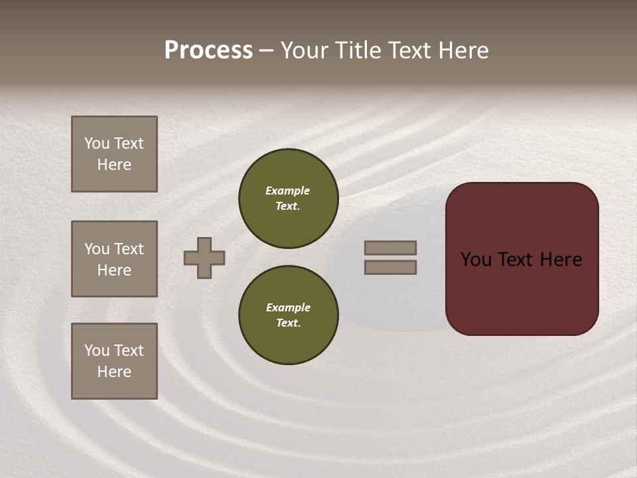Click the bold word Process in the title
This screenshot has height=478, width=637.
tap(208, 50)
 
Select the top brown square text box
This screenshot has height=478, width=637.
tap(114, 154)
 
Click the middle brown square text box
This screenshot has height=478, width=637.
tap(114, 259)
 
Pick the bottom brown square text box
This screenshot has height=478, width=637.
tap(114, 361)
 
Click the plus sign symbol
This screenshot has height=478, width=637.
tap(204, 258)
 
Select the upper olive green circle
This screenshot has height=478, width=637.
tap(288, 199)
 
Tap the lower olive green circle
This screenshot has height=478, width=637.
tap(288, 315)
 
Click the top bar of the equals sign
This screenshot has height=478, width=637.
tap(390, 248)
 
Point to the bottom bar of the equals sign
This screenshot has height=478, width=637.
tap(390, 268)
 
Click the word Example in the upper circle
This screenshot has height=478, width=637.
tap(287, 191)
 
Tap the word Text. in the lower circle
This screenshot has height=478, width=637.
tap(288, 323)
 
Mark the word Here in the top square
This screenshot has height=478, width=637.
tap(114, 165)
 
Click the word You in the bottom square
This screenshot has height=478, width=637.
tap(97, 351)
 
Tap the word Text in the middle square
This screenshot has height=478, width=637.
tap(128, 249)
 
